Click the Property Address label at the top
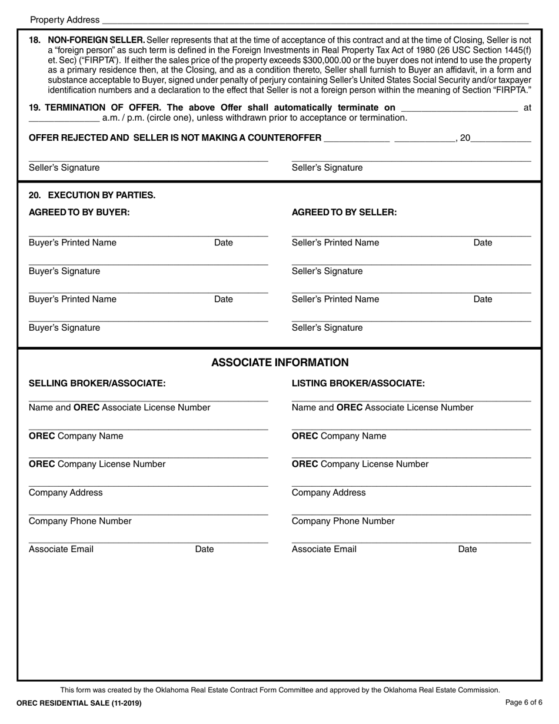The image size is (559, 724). click(x=65, y=20)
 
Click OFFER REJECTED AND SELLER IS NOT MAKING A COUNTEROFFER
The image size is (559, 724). click(x=175, y=138)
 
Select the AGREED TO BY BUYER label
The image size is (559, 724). click(x=79, y=212)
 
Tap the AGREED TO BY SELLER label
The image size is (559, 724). click(x=344, y=212)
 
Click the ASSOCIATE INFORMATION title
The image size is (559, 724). click(x=279, y=363)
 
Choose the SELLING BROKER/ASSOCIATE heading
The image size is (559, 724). click(x=97, y=384)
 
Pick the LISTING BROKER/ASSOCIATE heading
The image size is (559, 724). click(x=358, y=384)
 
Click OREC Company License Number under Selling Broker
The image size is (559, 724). click(x=97, y=464)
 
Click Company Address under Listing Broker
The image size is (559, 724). click(x=328, y=493)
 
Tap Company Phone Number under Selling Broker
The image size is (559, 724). click(x=80, y=521)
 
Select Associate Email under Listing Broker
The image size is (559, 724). click(x=324, y=549)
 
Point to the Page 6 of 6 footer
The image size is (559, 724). click(x=524, y=703)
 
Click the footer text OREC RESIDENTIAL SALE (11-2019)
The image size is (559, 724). click(x=79, y=703)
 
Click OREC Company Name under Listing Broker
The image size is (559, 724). click(x=339, y=436)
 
